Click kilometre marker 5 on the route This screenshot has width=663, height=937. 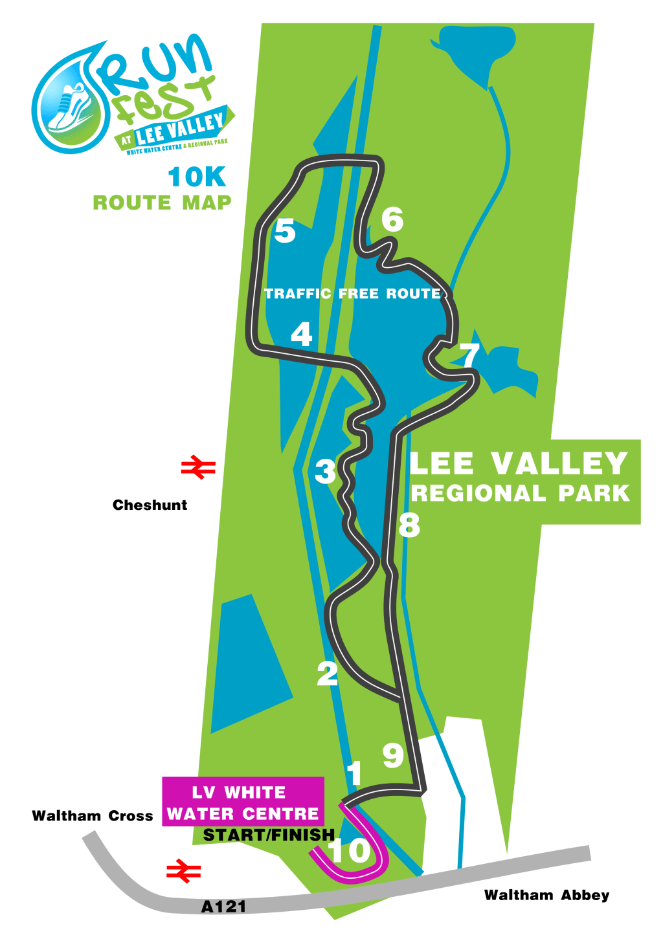coord(285,231)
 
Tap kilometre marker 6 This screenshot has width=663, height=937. coord(392,219)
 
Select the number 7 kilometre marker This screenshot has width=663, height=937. coord(469,355)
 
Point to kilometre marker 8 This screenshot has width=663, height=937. coord(409,525)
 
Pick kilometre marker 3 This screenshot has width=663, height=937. coord(325,472)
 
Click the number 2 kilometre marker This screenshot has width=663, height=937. coord(328,674)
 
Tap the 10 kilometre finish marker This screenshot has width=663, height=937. coord(350,850)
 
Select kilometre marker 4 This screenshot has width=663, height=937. coord(302,334)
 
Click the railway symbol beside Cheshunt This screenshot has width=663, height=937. coord(198,467)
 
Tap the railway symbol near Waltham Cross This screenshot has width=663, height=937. coord(183,871)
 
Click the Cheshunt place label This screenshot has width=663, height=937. coord(150,505)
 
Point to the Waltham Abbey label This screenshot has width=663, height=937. coord(546,896)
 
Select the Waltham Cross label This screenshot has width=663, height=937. coord(93,816)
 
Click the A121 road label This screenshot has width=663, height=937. coord(223,907)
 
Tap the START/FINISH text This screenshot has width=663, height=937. coord(269,835)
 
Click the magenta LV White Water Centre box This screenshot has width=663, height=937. coord(243,802)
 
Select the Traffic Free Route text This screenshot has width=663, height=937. coord(352,294)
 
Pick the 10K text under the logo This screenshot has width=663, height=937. coord(197,177)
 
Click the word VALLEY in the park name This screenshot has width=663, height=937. coord(559,464)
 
